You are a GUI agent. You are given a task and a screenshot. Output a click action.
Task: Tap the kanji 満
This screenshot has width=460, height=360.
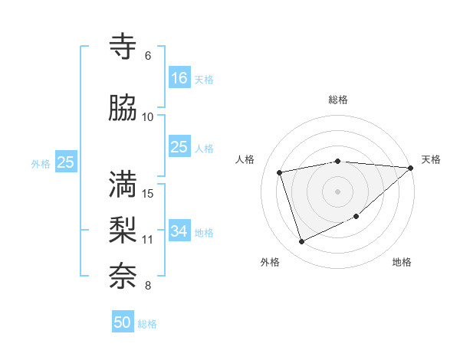pos(123,184)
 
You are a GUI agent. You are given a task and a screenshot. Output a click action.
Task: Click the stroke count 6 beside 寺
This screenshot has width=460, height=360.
pos(148,56)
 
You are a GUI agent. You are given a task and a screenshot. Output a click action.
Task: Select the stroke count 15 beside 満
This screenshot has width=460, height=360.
pos(148,193)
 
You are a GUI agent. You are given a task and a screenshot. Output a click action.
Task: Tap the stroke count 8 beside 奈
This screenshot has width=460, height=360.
pos(148,286)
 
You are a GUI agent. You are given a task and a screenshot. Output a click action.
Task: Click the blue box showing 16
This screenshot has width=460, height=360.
pos(179,77)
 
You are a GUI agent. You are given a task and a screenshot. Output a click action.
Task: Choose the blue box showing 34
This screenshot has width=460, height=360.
pos(179,231)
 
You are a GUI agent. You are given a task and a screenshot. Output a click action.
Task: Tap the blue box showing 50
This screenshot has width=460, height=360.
pos(123,322)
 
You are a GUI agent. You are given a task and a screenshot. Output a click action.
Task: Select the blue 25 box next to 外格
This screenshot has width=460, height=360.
pos(65,162)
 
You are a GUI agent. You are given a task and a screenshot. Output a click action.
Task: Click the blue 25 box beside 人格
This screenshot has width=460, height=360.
pos(179,146)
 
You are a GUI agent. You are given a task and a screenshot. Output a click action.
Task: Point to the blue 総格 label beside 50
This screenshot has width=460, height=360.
pos(148,324)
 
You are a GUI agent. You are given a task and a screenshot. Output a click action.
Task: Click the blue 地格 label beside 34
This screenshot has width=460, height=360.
pos(204,232)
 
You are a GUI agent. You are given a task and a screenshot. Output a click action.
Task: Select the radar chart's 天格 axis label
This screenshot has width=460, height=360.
pos(431,159)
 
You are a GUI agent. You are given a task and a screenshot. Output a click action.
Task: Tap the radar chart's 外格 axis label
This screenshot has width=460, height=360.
pos(270,263)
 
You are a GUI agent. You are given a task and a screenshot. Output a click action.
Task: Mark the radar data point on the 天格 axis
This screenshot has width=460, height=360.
pos(410,168)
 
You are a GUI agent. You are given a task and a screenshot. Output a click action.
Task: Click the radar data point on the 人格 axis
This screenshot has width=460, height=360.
pos(280,172)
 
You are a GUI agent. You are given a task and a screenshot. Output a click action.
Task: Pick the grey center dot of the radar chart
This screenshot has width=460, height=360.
pos(338,191)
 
